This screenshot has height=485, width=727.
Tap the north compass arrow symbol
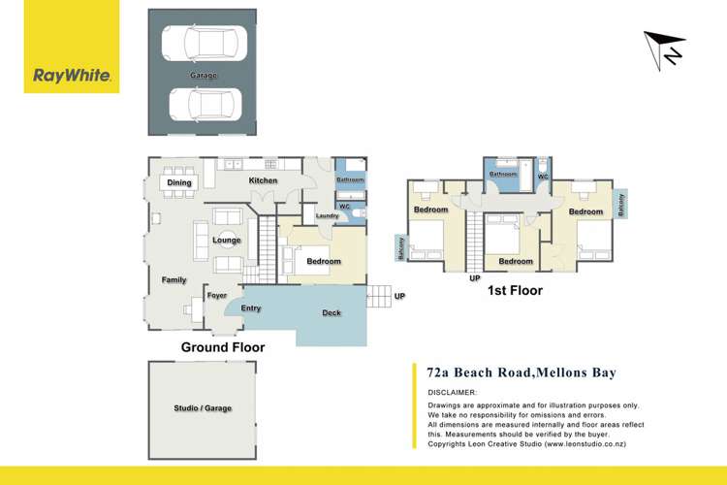665,48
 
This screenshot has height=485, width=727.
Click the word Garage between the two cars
204,76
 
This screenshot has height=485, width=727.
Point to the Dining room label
179,182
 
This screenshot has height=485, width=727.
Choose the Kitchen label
263,180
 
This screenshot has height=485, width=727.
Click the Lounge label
226,239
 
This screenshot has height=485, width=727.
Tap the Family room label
174,280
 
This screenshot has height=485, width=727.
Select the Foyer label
216,296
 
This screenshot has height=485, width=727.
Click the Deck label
332,313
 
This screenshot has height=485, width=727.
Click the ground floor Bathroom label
350,180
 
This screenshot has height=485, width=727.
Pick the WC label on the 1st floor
542,177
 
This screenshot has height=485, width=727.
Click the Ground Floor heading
223,346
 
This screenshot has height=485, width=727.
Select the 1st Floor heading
517,290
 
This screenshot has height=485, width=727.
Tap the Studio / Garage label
203,408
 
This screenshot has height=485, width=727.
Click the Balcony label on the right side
621,204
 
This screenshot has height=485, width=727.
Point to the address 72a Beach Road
481,372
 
